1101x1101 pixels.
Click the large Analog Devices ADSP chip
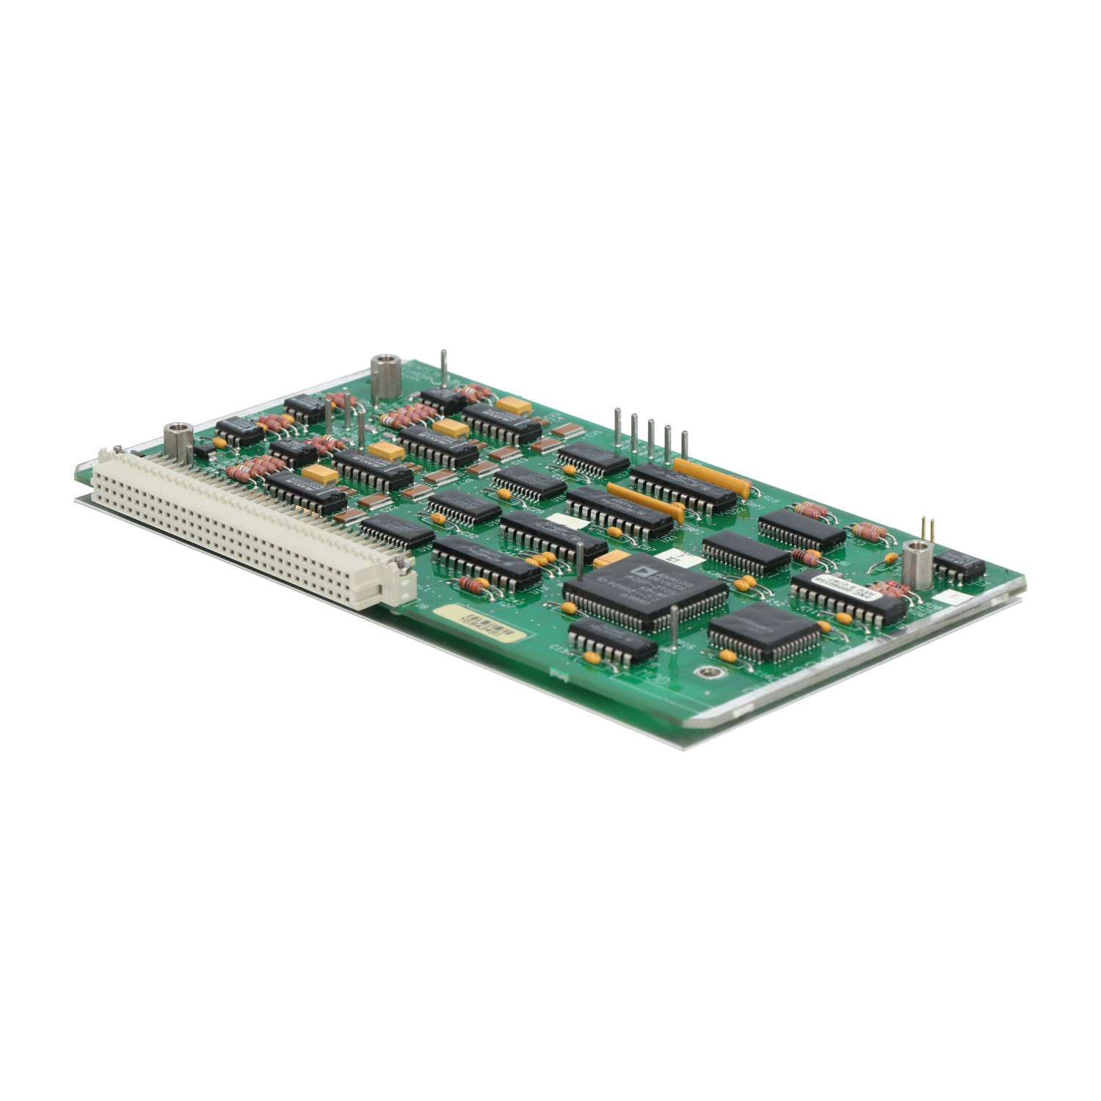(x=645, y=590)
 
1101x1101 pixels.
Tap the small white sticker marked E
(x=953, y=597)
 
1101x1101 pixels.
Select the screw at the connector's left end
(x=117, y=448)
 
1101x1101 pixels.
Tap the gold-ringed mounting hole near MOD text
(x=705, y=671)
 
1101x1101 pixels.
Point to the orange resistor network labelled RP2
(x=645, y=503)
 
